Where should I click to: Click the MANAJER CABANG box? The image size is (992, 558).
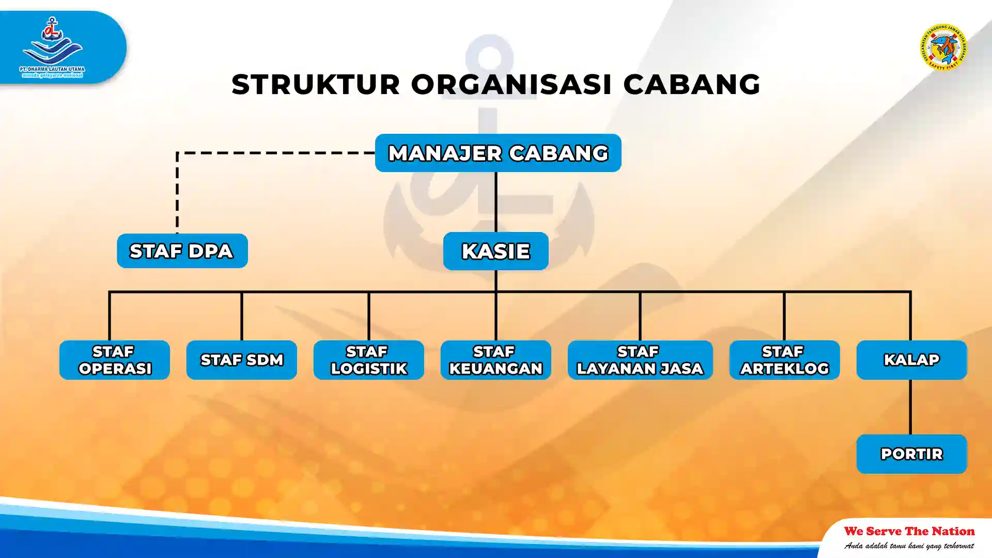(498, 153)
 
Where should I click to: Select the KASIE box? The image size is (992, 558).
(495, 251)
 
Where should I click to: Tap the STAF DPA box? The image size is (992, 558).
(182, 251)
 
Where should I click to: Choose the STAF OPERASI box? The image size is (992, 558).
(114, 360)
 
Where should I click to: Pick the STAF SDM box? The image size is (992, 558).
(241, 360)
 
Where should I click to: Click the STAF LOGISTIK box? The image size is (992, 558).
(368, 360)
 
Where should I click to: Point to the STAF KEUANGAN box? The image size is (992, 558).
(495, 360)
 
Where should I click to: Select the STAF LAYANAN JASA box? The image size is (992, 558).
(640, 360)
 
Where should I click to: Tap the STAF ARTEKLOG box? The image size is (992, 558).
(784, 360)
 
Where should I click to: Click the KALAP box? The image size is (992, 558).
(911, 360)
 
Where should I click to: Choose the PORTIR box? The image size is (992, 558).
(911, 454)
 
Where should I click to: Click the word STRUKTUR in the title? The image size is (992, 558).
(316, 84)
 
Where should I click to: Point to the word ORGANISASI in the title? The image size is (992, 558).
(511, 84)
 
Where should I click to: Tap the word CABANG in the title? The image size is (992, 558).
(691, 84)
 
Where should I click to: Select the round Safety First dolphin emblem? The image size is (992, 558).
(943, 47)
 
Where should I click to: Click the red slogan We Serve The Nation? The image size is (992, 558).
(909, 531)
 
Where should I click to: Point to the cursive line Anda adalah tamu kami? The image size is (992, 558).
(909, 546)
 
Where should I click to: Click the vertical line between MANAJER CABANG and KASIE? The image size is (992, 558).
(495, 202)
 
